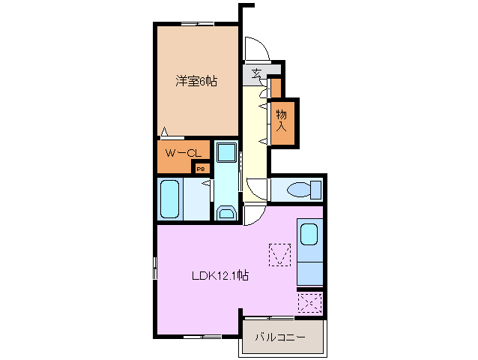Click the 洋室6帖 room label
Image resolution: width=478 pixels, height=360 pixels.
197,81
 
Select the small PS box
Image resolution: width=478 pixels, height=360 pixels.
200,168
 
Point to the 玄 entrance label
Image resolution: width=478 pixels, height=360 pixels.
256,73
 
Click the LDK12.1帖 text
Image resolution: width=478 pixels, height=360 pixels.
218,275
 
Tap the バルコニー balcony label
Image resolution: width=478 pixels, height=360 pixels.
279,337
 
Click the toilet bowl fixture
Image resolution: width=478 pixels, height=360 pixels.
303,189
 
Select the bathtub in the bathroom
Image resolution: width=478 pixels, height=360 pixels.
171,199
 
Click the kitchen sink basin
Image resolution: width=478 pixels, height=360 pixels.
309,235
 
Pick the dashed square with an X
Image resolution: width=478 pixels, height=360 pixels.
309,303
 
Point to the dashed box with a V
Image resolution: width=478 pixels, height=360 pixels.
279,254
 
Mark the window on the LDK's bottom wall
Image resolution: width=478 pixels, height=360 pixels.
202,336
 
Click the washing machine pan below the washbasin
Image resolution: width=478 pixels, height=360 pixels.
226,212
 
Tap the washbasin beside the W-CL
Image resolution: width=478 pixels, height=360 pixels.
226,153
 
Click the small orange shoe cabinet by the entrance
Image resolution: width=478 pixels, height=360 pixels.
276,88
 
